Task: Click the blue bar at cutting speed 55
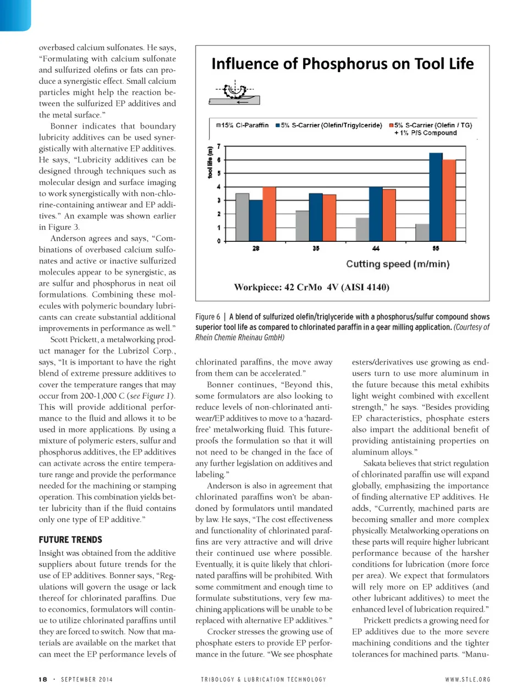pyautogui.click(x=436, y=197)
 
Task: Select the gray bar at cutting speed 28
pyautogui.click(x=242, y=217)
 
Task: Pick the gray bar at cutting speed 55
pyautogui.click(x=422, y=232)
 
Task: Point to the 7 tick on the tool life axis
pyautogui.click(x=219, y=146)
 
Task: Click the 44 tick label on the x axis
pyautogui.click(x=376, y=248)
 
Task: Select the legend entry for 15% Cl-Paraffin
pyautogui.click(x=242, y=126)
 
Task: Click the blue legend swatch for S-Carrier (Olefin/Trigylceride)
pyautogui.click(x=278, y=126)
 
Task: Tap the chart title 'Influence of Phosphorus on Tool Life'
pyautogui.click(x=342, y=64)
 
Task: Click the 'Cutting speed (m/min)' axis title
pyautogui.click(x=398, y=264)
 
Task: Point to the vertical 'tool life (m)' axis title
pyautogui.click(x=210, y=162)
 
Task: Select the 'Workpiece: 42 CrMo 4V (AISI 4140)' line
pyautogui.click(x=311, y=287)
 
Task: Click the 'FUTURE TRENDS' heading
pyautogui.click(x=70, y=540)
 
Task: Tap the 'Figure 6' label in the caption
pyautogui.click(x=207, y=317)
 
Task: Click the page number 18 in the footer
pyautogui.click(x=43, y=679)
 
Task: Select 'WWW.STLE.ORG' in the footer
pyautogui.click(x=468, y=679)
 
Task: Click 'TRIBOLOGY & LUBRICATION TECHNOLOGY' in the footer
pyautogui.click(x=263, y=679)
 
